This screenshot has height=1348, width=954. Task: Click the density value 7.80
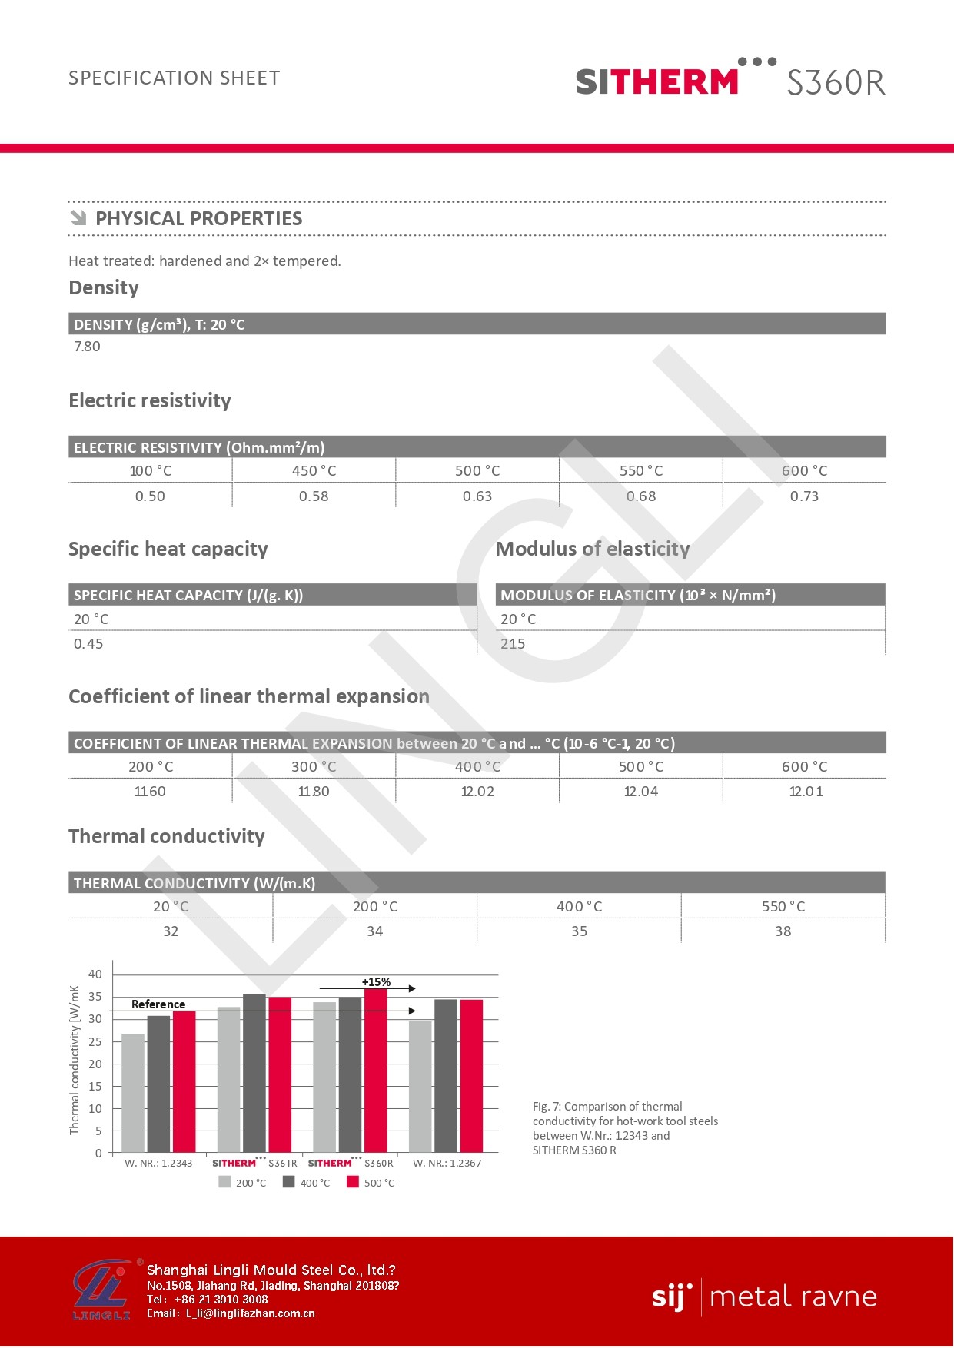(87, 347)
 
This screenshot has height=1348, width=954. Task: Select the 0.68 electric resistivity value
(641, 496)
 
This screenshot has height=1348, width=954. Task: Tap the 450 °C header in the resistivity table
(314, 471)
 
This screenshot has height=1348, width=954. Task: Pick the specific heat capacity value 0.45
(88, 644)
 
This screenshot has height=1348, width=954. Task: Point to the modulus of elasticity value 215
(513, 644)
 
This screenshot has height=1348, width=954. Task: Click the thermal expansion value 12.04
(641, 792)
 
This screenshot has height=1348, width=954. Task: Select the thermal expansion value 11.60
(150, 792)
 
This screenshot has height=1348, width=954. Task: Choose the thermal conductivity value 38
(783, 931)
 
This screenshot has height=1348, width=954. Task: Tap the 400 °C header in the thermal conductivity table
(579, 907)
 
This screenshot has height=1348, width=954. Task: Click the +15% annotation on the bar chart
(376, 982)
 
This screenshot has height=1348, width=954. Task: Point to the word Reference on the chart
(158, 1004)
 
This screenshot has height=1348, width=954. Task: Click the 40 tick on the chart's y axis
(95, 974)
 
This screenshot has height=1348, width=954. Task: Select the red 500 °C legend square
(353, 1182)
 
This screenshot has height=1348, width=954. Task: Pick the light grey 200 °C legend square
(224, 1182)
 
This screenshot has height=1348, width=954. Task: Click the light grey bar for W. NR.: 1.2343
(133, 1093)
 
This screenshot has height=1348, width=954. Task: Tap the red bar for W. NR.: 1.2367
(471, 1076)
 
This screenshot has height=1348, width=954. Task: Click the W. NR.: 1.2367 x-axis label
(447, 1163)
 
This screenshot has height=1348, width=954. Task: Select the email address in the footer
(251, 1313)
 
